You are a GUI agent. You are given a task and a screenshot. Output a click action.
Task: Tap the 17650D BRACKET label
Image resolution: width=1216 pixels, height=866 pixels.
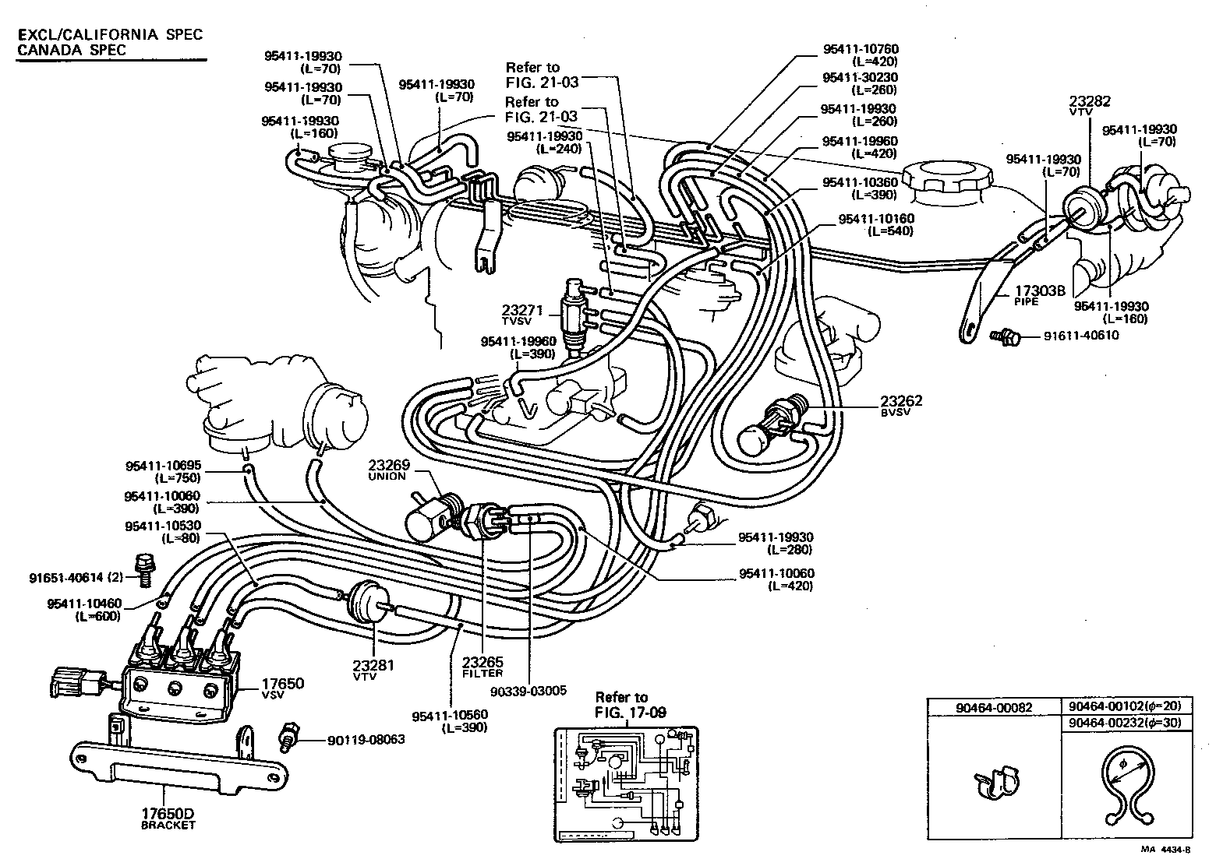[x=168, y=818]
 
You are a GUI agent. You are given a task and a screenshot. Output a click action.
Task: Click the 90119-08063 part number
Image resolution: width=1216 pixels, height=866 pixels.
[x=366, y=739]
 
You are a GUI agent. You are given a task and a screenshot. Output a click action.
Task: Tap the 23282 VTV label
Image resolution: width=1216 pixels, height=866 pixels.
[x=1090, y=105]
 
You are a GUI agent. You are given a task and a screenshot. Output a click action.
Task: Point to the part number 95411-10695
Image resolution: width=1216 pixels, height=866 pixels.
[x=163, y=466]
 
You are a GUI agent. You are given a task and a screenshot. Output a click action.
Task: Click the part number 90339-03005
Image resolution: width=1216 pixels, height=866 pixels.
[x=528, y=690]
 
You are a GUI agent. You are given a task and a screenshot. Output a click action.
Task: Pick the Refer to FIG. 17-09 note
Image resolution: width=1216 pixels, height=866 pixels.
[x=627, y=704]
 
